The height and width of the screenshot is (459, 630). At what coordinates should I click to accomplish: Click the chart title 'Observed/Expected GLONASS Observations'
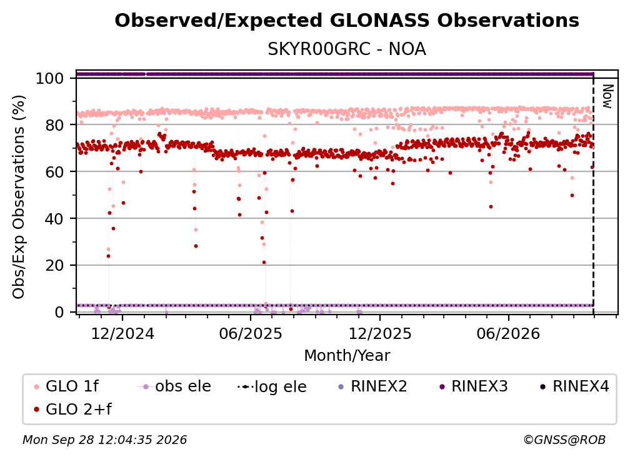(x=347, y=21)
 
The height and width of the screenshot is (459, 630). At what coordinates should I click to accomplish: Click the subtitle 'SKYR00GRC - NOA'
(x=347, y=49)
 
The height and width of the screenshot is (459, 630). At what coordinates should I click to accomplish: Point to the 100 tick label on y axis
(x=50, y=78)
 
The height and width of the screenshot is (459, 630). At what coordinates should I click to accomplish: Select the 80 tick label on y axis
(x=54, y=125)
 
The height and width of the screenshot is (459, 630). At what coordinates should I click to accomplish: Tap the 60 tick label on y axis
(x=54, y=172)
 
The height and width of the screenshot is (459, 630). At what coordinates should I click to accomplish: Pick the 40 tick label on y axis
(x=54, y=219)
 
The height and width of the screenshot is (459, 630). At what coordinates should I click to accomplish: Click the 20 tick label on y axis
(x=54, y=266)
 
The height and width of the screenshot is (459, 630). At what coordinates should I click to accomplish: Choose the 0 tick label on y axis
(x=59, y=312)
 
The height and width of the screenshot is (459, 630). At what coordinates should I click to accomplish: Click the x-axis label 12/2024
(x=122, y=334)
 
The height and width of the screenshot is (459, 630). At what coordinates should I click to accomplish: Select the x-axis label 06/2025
(x=251, y=334)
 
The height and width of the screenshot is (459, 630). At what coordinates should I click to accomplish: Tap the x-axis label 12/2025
(x=380, y=334)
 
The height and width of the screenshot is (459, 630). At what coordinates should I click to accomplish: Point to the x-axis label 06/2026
(x=508, y=334)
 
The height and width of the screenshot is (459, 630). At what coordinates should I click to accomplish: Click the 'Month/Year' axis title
(x=347, y=356)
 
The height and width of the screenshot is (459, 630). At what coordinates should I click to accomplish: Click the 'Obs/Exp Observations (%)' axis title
(x=19, y=197)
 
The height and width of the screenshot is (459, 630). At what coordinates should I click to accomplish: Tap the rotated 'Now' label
(x=607, y=96)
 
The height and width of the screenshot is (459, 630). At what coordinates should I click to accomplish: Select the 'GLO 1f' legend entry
(x=67, y=386)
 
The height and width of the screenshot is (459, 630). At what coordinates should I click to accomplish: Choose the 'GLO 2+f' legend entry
(x=72, y=410)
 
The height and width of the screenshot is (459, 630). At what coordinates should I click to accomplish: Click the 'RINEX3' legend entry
(x=474, y=386)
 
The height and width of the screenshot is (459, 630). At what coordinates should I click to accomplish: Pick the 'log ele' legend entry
(x=272, y=386)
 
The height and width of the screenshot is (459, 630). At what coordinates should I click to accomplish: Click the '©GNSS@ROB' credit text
(x=564, y=440)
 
